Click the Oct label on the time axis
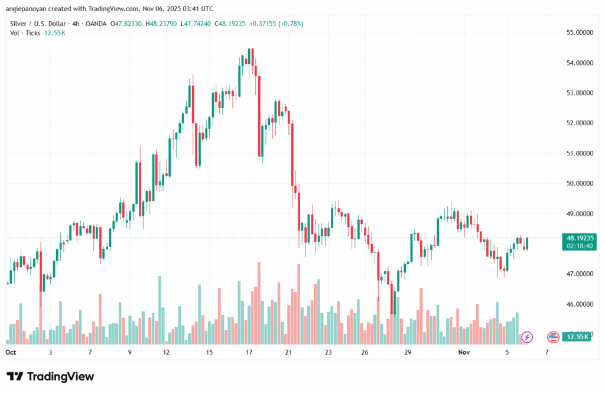(x=11, y=352)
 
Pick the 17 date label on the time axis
(x=249, y=352)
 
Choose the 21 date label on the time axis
(x=289, y=352)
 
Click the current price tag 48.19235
(x=579, y=237)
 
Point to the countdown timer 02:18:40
(x=579, y=245)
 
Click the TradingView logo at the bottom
(x=50, y=376)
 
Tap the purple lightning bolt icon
(x=527, y=337)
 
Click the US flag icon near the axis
(x=554, y=337)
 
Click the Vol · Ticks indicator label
(x=25, y=33)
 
